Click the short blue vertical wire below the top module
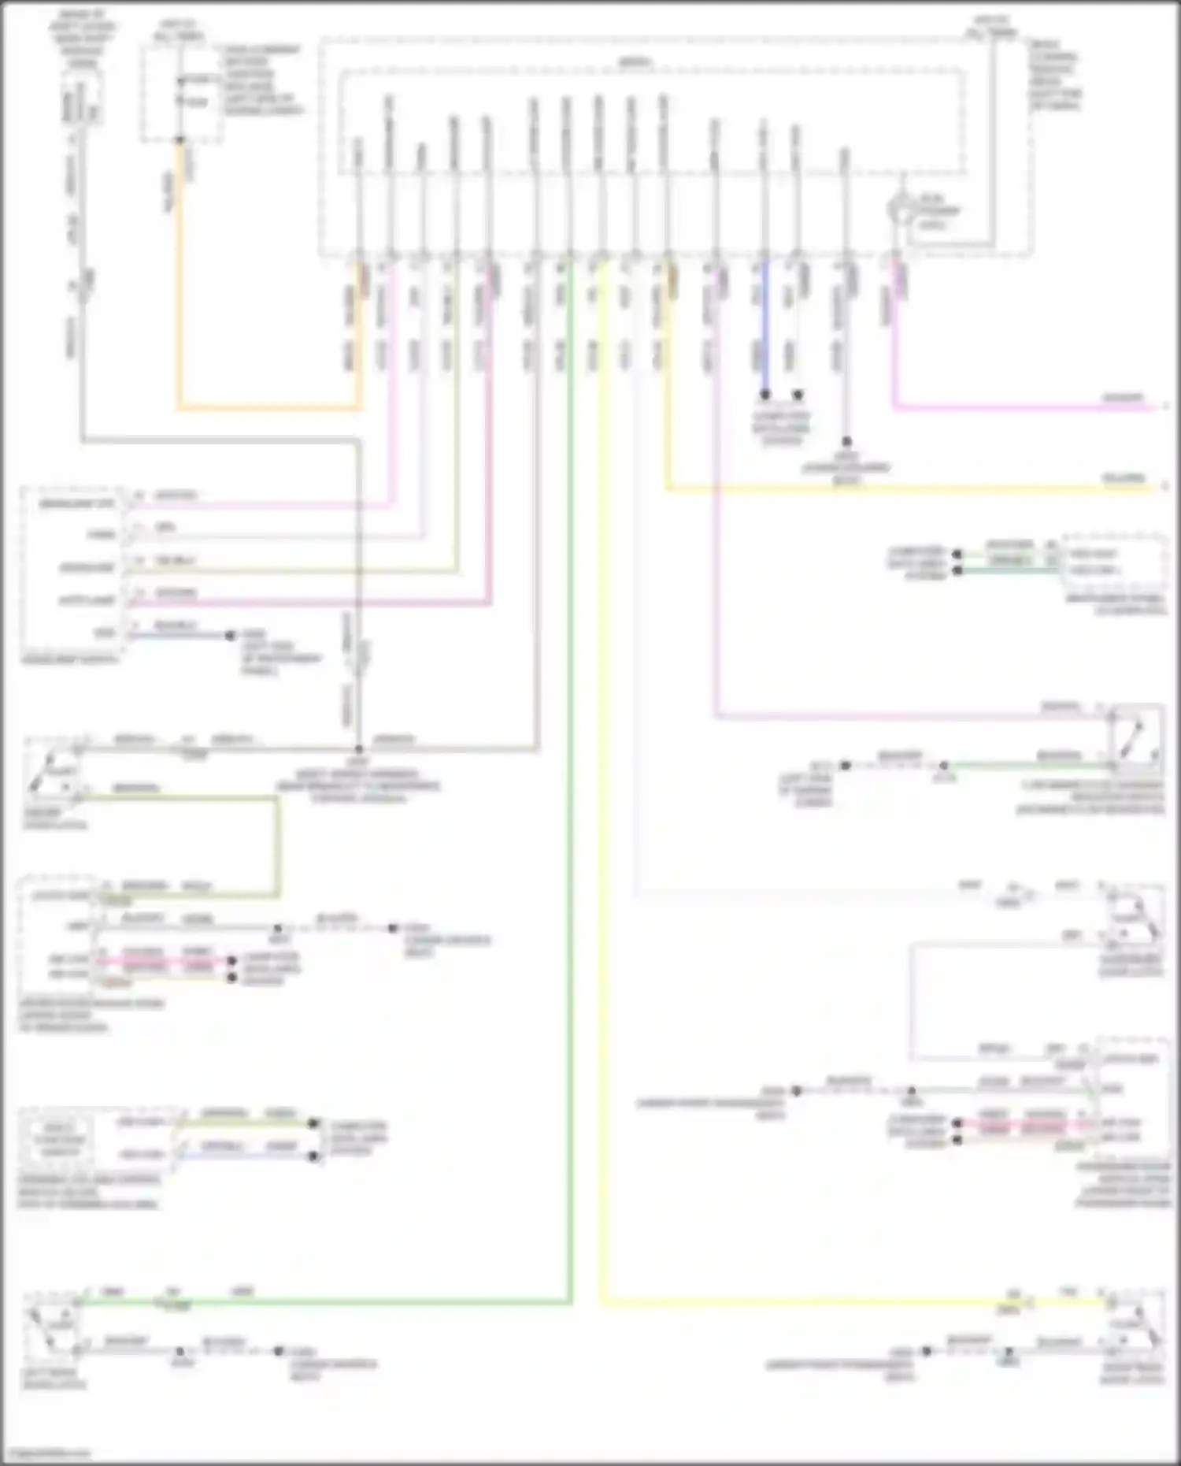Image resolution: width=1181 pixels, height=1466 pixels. coord(764,331)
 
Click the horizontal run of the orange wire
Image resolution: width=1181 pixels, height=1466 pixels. coord(268,408)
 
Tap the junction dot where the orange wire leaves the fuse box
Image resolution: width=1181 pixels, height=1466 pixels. coord(180,141)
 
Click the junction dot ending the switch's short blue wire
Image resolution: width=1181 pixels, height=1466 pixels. coord(230,635)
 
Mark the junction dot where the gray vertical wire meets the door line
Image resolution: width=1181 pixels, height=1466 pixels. coord(358,749)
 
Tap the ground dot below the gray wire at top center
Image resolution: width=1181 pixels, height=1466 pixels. coord(846,442)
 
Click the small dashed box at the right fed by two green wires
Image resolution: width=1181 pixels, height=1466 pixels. coord(1112,562)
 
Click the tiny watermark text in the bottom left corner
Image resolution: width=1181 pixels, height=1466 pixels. coord(46,1453)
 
